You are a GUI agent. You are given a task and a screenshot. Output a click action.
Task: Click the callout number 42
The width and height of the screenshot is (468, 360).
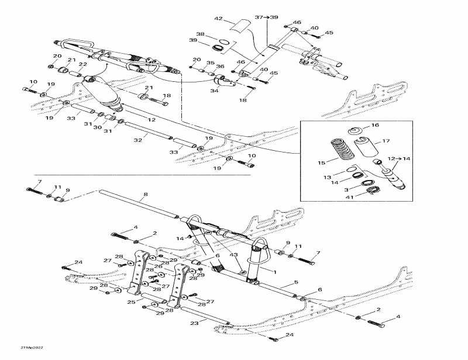pyautogui.click(x=218, y=19)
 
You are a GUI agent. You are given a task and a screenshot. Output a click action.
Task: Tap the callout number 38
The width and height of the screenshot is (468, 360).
pyautogui.click(x=201, y=34)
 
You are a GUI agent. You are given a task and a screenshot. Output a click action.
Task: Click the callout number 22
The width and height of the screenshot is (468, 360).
pyautogui.click(x=82, y=64)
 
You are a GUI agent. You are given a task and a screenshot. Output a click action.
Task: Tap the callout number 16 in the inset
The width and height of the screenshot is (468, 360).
pyautogui.click(x=376, y=125)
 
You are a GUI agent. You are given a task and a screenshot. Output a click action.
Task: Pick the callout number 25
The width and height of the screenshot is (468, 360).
pyautogui.click(x=132, y=302)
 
